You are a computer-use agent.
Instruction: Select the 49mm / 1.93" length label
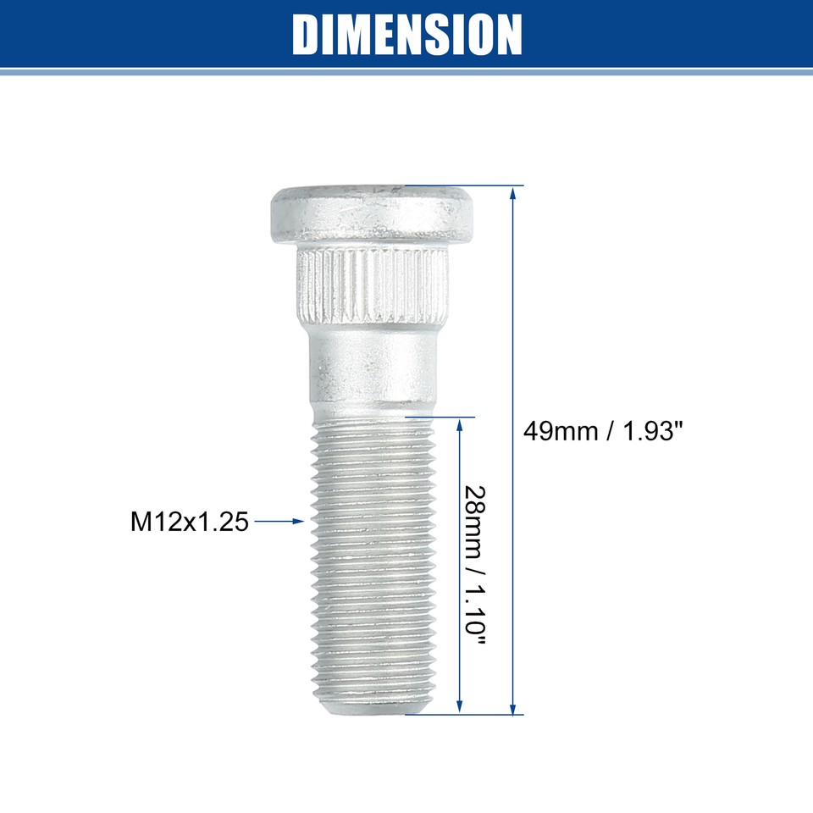point(603,431)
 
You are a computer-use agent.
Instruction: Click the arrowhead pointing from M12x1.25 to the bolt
point(298,522)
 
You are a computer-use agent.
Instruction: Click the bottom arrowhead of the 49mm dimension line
point(512,708)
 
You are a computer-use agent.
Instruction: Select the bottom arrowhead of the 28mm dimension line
point(461,708)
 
